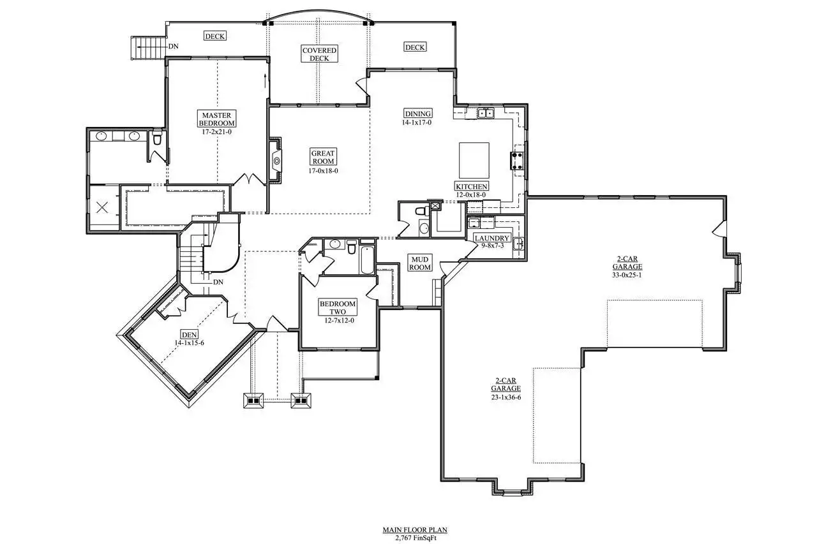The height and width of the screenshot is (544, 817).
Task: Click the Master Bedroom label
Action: [x=216, y=119]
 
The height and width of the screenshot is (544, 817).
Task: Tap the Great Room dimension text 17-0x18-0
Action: [x=323, y=170]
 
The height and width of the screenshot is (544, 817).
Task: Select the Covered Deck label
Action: [x=319, y=54]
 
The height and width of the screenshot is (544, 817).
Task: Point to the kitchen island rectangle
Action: [x=474, y=160]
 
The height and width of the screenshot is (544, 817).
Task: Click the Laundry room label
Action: [x=491, y=238]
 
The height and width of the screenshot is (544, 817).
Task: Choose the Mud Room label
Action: [x=420, y=263]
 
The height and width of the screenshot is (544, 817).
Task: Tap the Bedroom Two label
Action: [x=338, y=307]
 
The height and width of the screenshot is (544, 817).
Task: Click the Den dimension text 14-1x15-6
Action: [x=190, y=343]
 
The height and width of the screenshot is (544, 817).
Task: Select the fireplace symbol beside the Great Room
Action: [x=275, y=160]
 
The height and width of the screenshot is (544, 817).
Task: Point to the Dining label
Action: [x=418, y=114]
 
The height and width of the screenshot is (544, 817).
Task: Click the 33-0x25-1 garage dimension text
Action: [x=627, y=275]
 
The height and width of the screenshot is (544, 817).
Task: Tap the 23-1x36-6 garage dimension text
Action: [x=506, y=397]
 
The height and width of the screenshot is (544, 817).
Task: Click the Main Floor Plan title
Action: [x=415, y=530]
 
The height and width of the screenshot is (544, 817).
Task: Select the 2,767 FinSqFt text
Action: [x=416, y=538]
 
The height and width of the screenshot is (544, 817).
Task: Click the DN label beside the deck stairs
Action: [x=173, y=47]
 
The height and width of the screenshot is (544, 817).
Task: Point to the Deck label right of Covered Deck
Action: [x=415, y=47]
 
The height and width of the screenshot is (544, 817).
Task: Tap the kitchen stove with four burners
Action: [x=517, y=161]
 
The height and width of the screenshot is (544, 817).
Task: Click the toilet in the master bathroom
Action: [x=157, y=137]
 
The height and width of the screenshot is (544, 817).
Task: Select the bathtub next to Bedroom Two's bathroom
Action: [x=367, y=260]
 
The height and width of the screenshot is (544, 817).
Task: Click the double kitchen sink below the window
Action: [x=486, y=114]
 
